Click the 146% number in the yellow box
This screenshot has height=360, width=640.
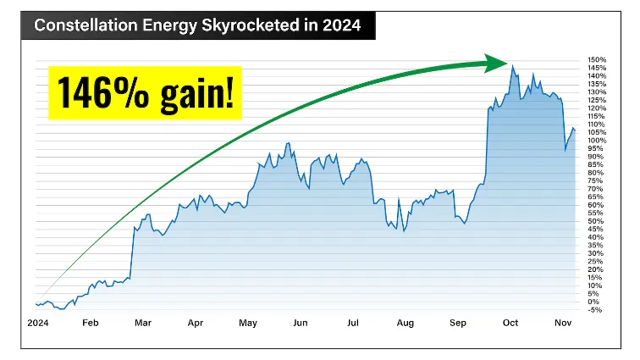(x=108, y=91)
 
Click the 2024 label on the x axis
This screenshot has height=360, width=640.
(x=37, y=323)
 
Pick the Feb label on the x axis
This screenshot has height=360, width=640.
(x=90, y=323)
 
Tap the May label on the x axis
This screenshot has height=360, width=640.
(x=248, y=323)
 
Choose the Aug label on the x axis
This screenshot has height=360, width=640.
(x=406, y=323)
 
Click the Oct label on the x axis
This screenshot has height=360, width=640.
(x=510, y=323)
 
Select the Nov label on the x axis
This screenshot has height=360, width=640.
(x=563, y=323)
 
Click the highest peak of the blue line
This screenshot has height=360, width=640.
(x=512, y=66)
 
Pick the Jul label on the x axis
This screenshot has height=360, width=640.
(x=353, y=323)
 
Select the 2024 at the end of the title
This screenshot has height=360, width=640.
(x=341, y=25)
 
